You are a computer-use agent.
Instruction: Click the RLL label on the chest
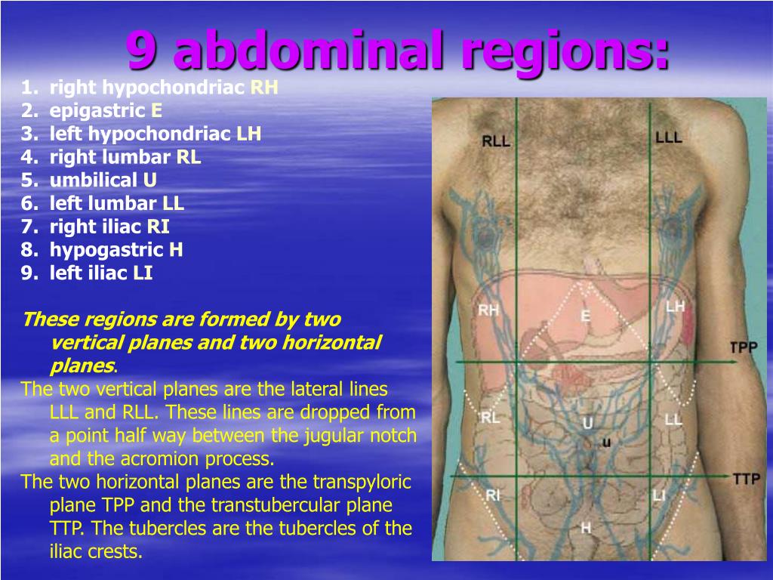click(495, 141)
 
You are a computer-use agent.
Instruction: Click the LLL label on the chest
click(669, 137)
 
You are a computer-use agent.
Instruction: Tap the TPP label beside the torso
click(744, 347)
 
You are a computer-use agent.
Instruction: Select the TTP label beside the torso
click(747, 478)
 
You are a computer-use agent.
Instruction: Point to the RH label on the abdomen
click(488, 310)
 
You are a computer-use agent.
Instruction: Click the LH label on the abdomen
click(676, 307)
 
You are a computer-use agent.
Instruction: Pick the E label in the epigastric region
click(586, 315)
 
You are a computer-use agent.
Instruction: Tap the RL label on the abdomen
click(490, 418)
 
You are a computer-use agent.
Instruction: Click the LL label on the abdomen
click(673, 420)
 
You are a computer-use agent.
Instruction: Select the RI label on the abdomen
click(493, 495)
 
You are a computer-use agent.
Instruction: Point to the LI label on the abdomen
click(659, 495)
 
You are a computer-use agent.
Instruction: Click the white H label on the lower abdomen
click(586, 528)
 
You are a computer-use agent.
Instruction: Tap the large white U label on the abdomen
click(587, 423)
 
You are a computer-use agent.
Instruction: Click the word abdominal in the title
click(309, 51)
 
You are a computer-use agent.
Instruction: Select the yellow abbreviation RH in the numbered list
click(264, 88)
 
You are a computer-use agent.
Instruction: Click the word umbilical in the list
click(94, 180)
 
